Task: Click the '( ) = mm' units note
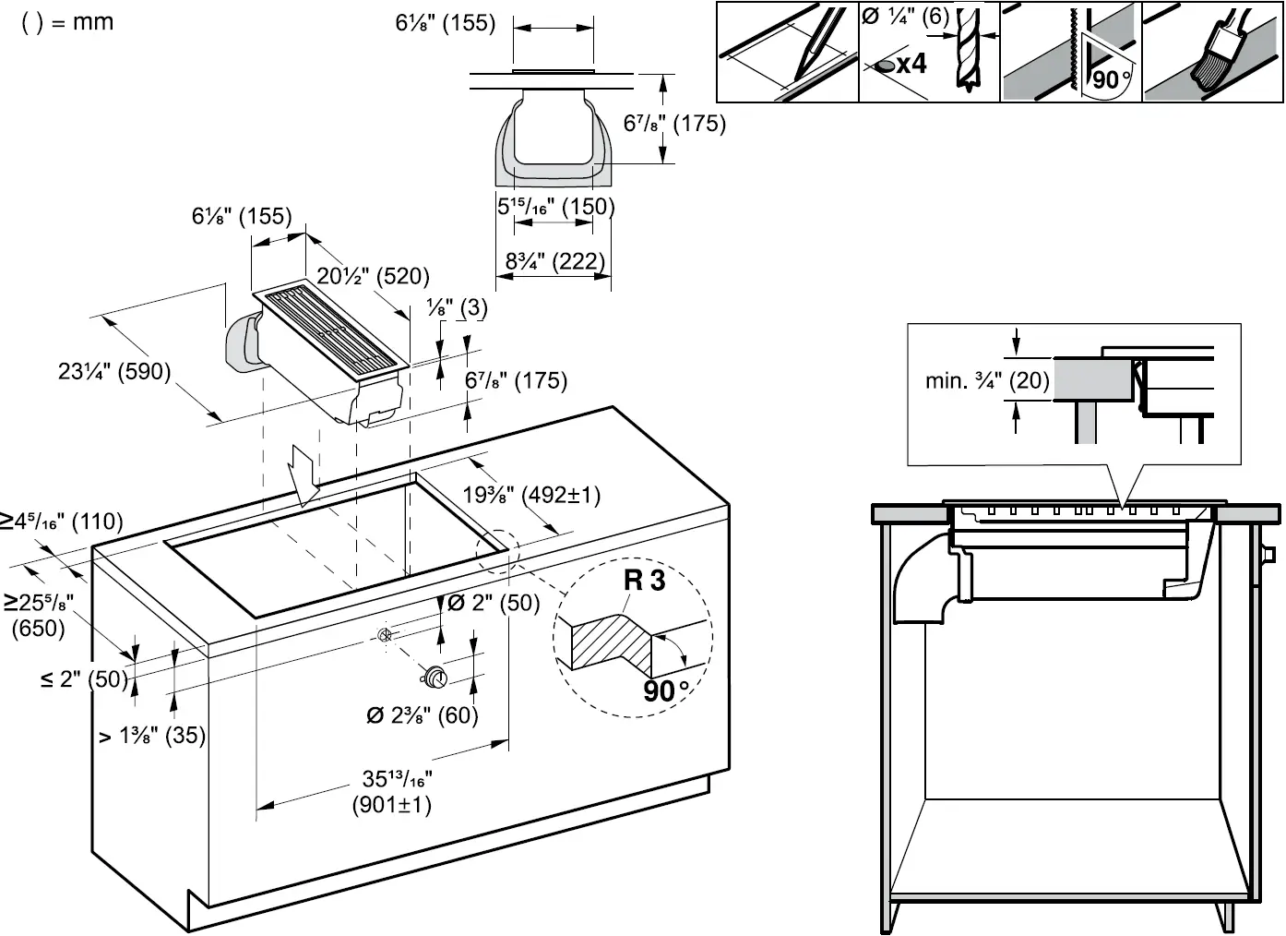point(67,21)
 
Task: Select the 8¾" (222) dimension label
point(554,261)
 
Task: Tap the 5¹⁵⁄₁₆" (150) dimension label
point(555,206)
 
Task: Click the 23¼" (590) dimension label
point(114,371)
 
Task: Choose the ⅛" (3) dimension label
point(458,307)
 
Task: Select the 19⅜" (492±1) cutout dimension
point(531,495)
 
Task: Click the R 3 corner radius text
point(644,581)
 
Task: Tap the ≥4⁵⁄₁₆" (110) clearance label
point(61,522)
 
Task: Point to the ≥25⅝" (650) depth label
point(38,616)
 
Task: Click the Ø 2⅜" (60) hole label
point(423,715)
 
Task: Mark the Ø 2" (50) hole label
point(493,603)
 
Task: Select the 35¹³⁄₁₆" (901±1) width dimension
point(392,792)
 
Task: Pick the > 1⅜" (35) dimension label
point(152,736)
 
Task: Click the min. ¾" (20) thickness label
point(987,380)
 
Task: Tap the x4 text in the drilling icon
point(911,64)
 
